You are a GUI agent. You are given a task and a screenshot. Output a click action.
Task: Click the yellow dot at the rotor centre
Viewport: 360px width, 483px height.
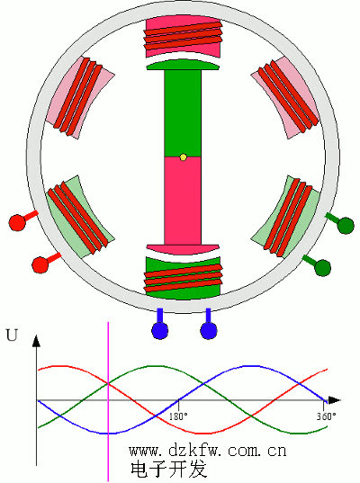coord(183,157)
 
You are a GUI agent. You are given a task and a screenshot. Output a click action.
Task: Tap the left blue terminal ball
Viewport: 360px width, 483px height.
coord(160,331)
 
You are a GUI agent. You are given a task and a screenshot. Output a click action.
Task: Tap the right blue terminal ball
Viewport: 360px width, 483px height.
coord(209,331)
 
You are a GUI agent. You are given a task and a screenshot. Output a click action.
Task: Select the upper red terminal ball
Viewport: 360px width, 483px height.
coord(17,222)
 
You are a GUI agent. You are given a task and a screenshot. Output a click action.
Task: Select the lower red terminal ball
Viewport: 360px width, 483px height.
coord(40,265)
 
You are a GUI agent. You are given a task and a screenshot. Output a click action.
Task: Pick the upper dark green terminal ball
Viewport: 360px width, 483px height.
coord(346,226)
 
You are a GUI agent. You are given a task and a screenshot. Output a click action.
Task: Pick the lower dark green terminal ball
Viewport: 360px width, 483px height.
coord(323,268)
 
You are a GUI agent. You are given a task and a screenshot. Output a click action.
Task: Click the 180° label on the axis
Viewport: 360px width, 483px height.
coord(178,416)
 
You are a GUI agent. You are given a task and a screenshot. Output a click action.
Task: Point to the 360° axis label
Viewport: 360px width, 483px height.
coord(327,416)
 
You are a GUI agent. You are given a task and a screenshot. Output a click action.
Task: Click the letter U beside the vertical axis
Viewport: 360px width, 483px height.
coord(12,335)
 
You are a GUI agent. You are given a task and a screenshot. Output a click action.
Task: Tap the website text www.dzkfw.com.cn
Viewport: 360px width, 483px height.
coord(208,451)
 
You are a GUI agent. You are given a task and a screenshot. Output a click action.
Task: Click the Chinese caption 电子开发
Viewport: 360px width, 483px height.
coord(168,470)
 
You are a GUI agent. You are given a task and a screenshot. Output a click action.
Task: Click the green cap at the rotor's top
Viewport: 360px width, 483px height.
coord(183,65)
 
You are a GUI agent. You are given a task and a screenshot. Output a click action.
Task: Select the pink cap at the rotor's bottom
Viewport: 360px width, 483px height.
coord(183,250)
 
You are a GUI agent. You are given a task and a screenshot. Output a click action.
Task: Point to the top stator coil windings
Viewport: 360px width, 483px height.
coord(183,35)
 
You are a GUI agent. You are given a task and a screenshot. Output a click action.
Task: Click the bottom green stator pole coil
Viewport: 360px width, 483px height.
coord(183,278)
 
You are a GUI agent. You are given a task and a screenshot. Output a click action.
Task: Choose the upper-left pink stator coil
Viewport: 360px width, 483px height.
coord(78,97)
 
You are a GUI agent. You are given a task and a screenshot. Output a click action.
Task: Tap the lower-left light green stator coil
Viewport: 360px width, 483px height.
coord(78,218)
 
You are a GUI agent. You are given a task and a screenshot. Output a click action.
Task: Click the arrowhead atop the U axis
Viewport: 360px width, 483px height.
coord(36,341)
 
